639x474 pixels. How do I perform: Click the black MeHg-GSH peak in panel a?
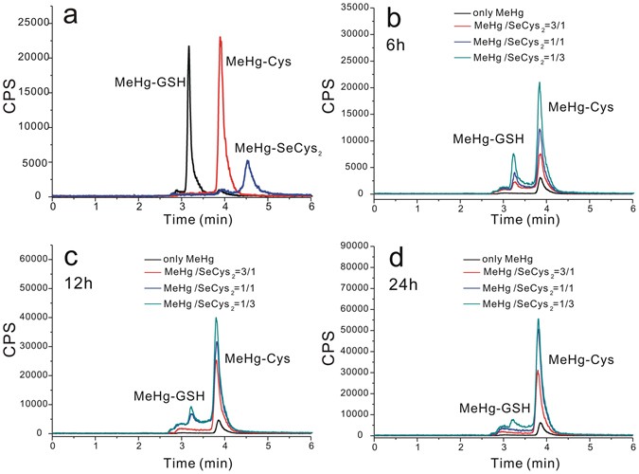(188, 47)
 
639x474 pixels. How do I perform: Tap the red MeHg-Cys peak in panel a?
(221, 40)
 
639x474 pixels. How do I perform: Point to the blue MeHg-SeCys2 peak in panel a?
(247, 162)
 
